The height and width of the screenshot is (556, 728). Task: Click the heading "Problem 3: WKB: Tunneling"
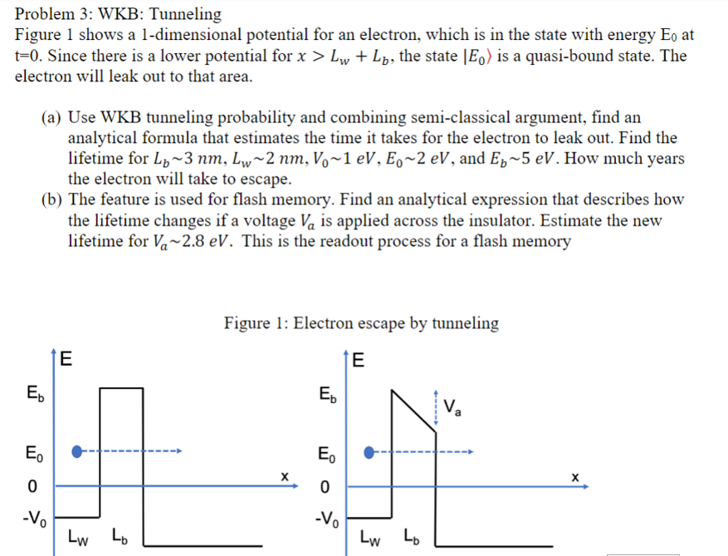(x=119, y=14)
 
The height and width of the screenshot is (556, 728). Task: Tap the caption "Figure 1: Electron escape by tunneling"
(x=361, y=323)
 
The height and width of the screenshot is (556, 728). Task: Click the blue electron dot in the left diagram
(x=77, y=452)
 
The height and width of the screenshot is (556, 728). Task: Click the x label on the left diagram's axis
(x=284, y=476)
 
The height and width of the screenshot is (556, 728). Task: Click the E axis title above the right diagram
(x=359, y=361)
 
